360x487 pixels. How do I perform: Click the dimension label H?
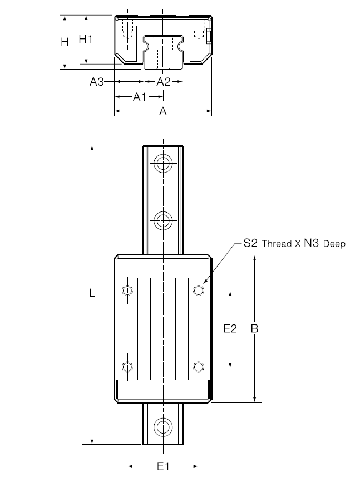pyautogui.click(x=65, y=41)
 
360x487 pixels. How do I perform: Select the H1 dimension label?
pyautogui.click(x=86, y=39)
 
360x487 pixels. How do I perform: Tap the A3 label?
pyautogui.click(x=97, y=82)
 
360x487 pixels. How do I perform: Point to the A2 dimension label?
pyautogui.click(x=164, y=82)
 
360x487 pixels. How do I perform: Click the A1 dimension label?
pyautogui.click(x=140, y=97)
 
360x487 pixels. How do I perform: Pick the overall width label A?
pyautogui.click(x=163, y=111)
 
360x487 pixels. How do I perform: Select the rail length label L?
pyautogui.click(x=92, y=293)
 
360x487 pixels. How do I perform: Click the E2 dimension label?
pyautogui.click(x=230, y=328)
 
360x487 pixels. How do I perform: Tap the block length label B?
pyautogui.click(x=254, y=328)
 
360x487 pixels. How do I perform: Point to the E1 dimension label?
pyautogui.click(x=163, y=466)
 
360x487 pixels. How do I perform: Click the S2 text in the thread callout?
pyautogui.click(x=250, y=243)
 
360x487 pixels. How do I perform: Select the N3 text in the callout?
pyautogui.click(x=311, y=243)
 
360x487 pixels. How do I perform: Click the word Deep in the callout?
pyautogui.click(x=334, y=244)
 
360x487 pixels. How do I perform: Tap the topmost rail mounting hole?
pyautogui.click(x=163, y=163)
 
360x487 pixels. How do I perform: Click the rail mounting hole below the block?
pyautogui.click(x=163, y=427)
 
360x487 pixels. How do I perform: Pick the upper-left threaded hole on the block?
pyautogui.click(x=127, y=291)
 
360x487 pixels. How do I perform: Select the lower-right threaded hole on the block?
pyautogui.click(x=199, y=367)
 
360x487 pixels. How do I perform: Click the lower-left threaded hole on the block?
pyautogui.click(x=127, y=367)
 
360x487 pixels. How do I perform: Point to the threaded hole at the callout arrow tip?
pyautogui.click(x=199, y=291)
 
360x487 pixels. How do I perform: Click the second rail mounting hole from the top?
pyautogui.click(x=163, y=220)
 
